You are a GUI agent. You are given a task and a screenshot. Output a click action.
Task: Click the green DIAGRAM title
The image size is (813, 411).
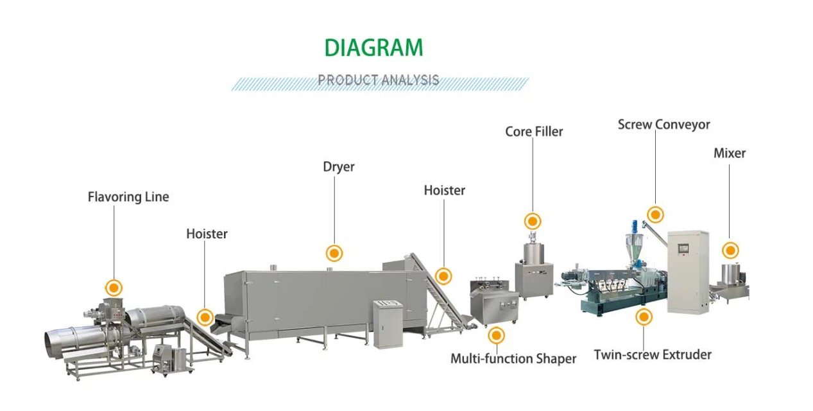pyautogui.click(x=373, y=48)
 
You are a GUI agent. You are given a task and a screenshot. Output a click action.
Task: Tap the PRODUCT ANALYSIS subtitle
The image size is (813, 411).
pyautogui.click(x=379, y=80)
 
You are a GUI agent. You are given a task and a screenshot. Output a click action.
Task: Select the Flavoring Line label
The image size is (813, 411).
pyautogui.click(x=128, y=197)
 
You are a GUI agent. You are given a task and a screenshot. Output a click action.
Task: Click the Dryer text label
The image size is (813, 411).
pyautogui.click(x=338, y=167)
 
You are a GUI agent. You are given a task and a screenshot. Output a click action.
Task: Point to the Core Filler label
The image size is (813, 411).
pyautogui.click(x=534, y=132)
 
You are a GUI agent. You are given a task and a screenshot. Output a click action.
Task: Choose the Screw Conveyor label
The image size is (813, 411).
pyautogui.click(x=663, y=125)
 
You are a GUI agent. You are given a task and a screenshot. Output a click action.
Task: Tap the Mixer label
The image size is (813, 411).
pyautogui.click(x=730, y=153)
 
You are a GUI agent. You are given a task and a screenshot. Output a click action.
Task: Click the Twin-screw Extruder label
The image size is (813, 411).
pyautogui.click(x=653, y=354)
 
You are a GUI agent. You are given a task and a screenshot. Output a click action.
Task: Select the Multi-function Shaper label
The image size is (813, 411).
pyautogui.click(x=513, y=358)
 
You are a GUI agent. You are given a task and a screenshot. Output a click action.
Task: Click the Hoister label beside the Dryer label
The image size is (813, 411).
pyautogui.click(x=444, y=191)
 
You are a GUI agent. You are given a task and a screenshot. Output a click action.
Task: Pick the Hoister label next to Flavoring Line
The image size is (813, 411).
pyautogui.click(x=207, y=234)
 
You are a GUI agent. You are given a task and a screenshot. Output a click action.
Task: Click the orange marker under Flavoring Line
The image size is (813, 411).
pyautogui.click(x=114, y=288)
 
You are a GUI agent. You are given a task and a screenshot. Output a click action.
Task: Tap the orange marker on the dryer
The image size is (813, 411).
pyautogui.click(x=334, y=253)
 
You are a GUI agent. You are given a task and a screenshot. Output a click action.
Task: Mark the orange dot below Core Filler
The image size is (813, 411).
pyautogui.click(x=533, y=222)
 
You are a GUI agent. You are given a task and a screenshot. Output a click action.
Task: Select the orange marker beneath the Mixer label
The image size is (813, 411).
pyautogui.click(x=730, y=250)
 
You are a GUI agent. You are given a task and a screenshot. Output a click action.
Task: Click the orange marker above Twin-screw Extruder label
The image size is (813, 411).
pyautogui.click(x=644, y=317)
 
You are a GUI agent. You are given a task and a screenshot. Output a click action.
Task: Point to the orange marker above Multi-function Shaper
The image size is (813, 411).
pyautogui.click(x=496, y=335)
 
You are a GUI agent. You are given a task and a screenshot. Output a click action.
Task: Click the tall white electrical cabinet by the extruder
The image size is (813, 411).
pyautogui.click(x=688, y=271)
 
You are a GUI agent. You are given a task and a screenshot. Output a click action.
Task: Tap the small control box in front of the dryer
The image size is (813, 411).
pyautogui.click(x=388, y=324)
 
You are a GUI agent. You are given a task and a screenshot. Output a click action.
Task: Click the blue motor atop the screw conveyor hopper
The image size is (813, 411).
pyautogui.click(x=636, y=226)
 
